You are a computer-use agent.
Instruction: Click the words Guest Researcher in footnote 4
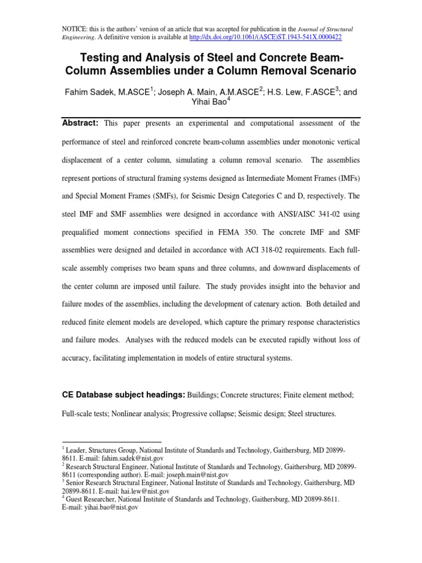click(89, 499)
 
